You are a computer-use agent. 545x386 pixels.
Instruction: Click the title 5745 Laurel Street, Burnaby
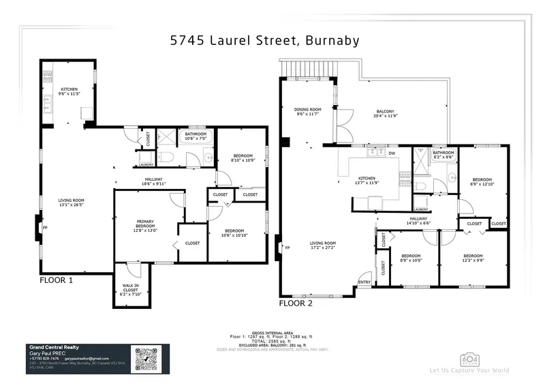pyautogui.click(x=264, y=40)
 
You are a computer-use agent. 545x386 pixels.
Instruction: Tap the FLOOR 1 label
pyautogui.click(x=56, y=280)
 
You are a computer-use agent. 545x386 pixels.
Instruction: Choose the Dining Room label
pyautogui.click(x=307, y=112)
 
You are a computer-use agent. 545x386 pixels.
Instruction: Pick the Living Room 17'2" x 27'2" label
pyautogui.click(x=324, y=246)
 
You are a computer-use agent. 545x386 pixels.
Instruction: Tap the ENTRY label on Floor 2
pyautogui.click(x=364, y=282)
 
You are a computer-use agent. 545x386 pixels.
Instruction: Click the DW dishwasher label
pyautogui.click(x=392, y=153)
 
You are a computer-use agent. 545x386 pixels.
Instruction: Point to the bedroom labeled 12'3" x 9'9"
pyautogui.click(x=473, y=261)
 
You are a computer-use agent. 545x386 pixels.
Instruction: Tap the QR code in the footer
pyautogui.click(x=146, y=359)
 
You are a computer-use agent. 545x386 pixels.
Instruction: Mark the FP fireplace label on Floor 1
pyautogui.click(x=46, y=227)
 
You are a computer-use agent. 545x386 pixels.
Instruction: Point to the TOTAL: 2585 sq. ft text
pyautogui.click(x=272, y=341)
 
